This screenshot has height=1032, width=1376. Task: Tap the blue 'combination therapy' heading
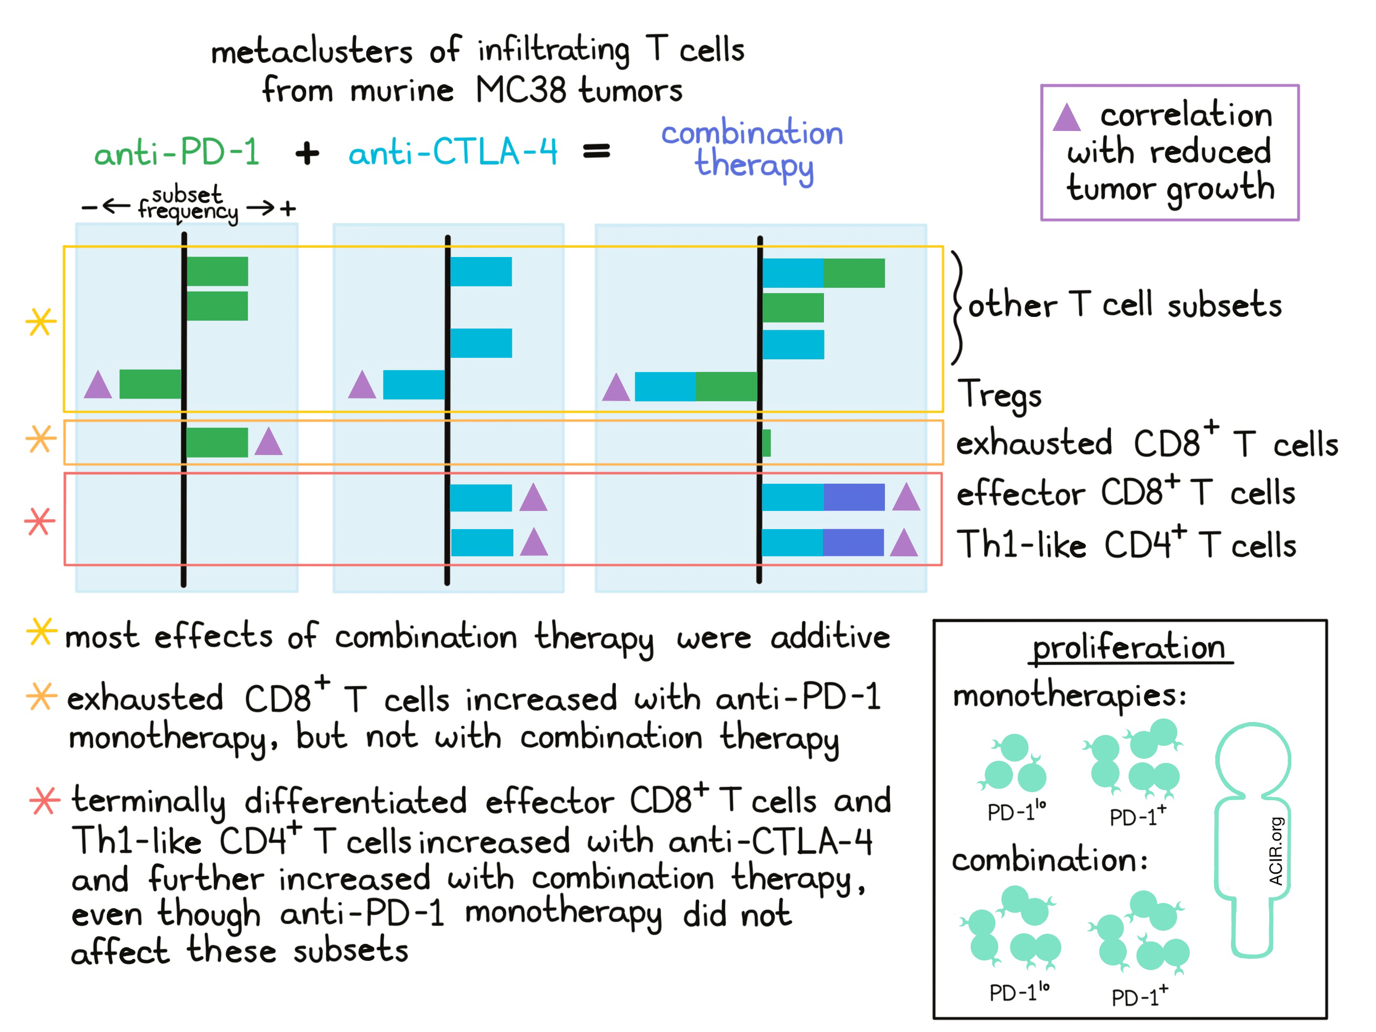coord(752,149)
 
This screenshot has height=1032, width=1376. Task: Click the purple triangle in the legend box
coord(1066,117)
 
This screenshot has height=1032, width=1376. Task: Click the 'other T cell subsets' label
coord(1125,305)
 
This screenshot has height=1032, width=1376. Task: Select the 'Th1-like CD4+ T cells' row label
coord(1126,545)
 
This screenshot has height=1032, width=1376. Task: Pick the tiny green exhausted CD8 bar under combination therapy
coord(767,442)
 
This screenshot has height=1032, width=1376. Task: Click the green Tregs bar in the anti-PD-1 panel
coord(150,384)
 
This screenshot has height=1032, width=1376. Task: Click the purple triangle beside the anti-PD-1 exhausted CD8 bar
coord(269,441)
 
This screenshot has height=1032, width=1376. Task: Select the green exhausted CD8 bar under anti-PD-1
coord(217,442)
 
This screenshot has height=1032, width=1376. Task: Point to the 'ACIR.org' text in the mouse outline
coord(1275,851)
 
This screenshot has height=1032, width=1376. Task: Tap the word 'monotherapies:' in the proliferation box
coord(1069,695)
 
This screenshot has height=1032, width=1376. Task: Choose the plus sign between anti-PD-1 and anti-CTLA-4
coord(307,153)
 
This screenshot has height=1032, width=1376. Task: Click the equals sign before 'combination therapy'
coord(596,151)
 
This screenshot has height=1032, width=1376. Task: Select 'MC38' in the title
coord(521,90)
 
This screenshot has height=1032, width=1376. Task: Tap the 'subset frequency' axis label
coord(188,203)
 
